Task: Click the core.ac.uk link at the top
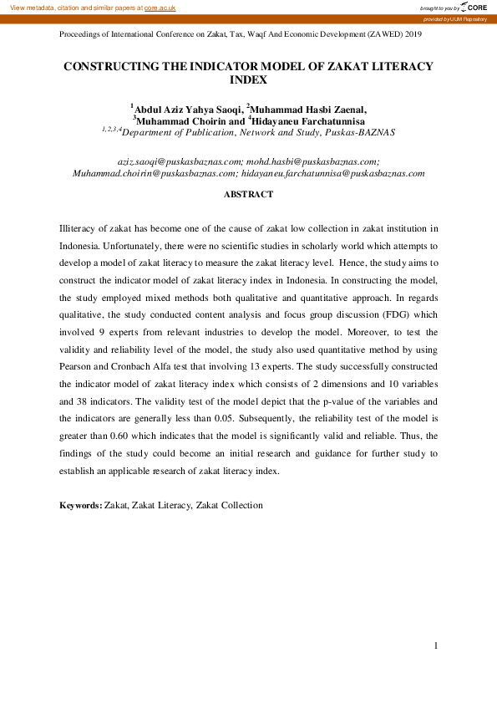(160, 7)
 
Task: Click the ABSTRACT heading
(248, 194)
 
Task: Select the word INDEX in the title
(248, 80)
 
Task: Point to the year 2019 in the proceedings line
(413, 35)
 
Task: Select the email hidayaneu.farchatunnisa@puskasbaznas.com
(333, 173)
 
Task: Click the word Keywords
(80, 505)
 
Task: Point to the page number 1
(436, 645)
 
